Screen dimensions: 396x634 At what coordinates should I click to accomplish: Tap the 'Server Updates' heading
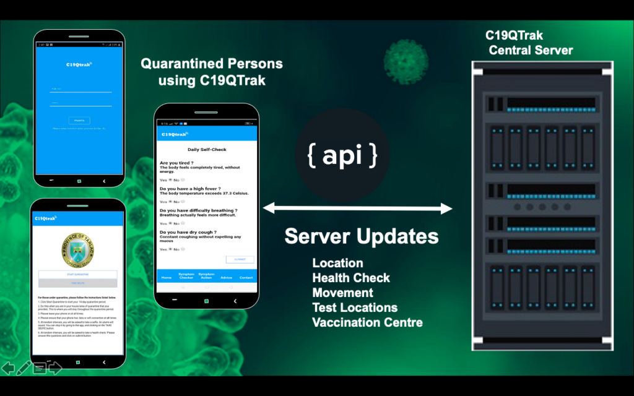pos(362,236)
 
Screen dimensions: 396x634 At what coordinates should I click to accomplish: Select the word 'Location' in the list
pos(337,263)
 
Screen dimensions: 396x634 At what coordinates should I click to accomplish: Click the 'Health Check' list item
pos(351,278)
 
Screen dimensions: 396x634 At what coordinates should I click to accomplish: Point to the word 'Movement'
pos(342,293)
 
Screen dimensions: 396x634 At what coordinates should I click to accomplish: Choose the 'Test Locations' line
pos(355,308)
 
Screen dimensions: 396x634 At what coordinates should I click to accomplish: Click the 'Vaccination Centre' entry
pos(367,322)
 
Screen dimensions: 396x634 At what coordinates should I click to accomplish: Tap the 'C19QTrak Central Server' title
pos(530,43)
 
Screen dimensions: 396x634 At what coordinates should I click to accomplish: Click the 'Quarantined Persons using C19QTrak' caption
pos(212,72)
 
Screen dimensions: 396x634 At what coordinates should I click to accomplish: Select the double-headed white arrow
pos(358,209)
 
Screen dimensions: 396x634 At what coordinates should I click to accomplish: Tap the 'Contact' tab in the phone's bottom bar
pos(246,277)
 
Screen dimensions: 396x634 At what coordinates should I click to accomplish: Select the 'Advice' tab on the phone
pos(227,277)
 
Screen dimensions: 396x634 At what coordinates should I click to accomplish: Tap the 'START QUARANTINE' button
pos(77,274)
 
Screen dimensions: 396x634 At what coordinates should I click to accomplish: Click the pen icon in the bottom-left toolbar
pos(24,368)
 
